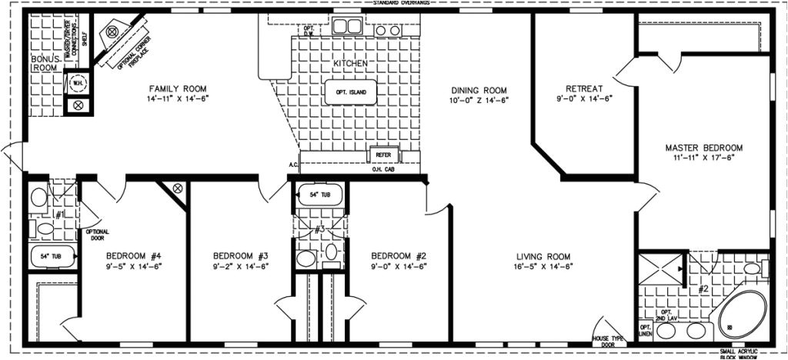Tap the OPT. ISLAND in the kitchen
click(x=351, y=92)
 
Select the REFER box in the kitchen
click(x=382, y=155)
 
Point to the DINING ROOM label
click(x=479, y=89)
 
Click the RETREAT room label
click(x=583, y=88)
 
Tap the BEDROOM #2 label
click(x=399, y=256)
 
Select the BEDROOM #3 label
click(x=240, y=256)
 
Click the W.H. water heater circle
click(x=77, y=82)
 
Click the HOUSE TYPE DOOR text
click(x=606, y=342)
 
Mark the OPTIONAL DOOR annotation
click(x=96, y=235)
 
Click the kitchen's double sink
click(x=347, y=25)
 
